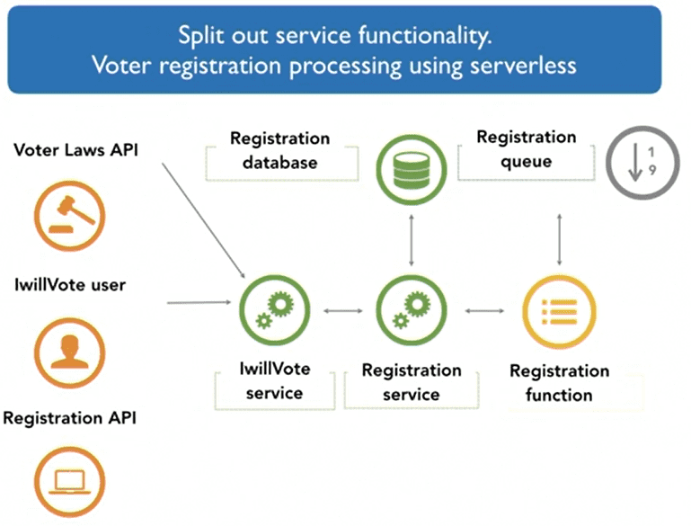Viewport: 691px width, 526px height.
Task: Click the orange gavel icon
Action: (69, 216)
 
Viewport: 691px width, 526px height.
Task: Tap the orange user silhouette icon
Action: (69, 352)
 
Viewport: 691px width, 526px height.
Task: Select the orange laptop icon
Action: (69, 481)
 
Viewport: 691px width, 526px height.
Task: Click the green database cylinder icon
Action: (412, 170)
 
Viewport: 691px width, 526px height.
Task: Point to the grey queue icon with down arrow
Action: (643, 163)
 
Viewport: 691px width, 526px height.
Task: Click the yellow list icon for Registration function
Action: (559, 312)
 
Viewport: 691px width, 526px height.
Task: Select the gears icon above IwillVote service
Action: (275, 310)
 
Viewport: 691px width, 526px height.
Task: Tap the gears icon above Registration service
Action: (412, 310)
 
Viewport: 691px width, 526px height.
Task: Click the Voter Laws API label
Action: (75, 150)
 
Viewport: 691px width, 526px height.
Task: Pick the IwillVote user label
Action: (70, 285)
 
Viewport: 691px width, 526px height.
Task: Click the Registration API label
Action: (69, 418)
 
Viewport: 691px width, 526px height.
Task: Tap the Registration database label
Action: (279, 150)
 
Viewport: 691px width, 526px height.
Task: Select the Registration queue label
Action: (527, 149)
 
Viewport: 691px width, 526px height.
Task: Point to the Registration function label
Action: (559, 383)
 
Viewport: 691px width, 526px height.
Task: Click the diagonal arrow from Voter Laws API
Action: (204, 220)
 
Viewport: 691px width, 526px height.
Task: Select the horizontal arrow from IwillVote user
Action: (199, 302)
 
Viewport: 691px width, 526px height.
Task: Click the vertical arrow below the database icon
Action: (412, 240)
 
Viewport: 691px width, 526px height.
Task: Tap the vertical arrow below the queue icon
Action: (559, 239)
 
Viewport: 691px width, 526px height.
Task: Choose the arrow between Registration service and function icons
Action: (484, 311)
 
